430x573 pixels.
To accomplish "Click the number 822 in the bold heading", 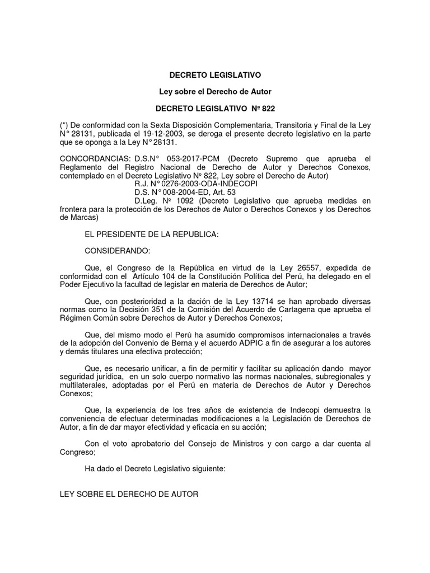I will pyautogui.click(x=268, y=108).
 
